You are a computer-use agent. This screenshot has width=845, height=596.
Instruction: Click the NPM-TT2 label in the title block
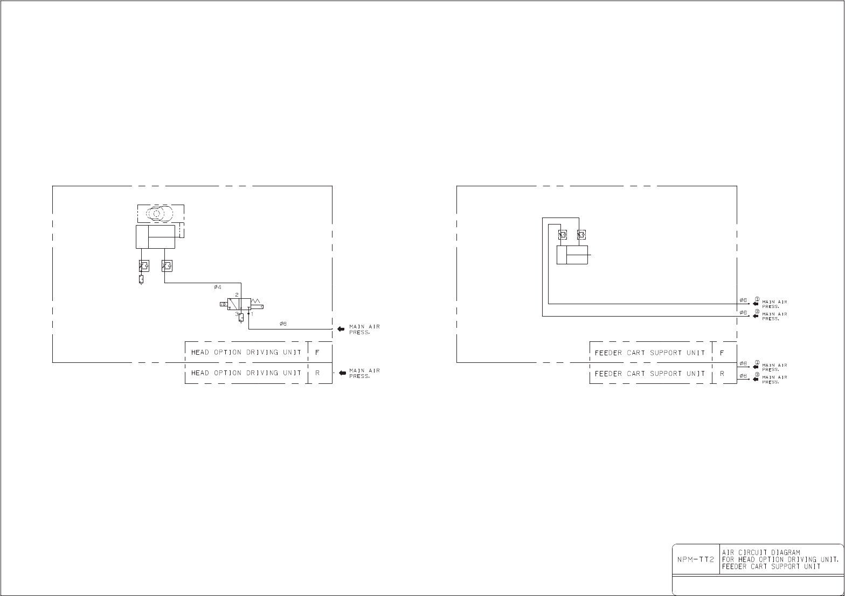[x=695, y=559]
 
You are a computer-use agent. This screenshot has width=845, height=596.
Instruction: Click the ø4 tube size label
[x=218, y=286]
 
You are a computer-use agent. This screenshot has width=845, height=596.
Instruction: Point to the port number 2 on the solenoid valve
[x=237, y=295]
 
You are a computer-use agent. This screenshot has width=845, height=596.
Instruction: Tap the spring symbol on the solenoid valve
[x=255, y=300]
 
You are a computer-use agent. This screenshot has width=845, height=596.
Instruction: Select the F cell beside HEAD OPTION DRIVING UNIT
[x=317, y=353]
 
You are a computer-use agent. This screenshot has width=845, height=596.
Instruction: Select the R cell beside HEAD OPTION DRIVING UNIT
[x=317, y=373]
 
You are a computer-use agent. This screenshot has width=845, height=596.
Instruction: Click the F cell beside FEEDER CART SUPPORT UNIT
[x=722, y=353]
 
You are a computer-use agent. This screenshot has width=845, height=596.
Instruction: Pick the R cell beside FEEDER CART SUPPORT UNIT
[x=722, y=373]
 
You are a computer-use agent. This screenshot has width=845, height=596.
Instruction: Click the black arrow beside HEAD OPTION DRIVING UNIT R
[x=342, y=373]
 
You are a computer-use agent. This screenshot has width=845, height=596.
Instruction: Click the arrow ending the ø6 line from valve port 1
[x=341, y=329]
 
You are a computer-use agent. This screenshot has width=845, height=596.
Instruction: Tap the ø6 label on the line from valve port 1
[x=283, y=324]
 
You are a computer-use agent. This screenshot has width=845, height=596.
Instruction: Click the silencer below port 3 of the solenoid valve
[x=241, y=318]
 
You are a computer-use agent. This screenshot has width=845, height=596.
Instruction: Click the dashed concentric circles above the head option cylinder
[x=156, y=214]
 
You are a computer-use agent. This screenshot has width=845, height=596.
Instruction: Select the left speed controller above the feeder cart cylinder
[x=562, y=235]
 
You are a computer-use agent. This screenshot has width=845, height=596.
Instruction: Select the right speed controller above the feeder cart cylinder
[x=581, y=235]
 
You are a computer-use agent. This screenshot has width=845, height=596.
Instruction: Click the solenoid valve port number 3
[x=236, y=313]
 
